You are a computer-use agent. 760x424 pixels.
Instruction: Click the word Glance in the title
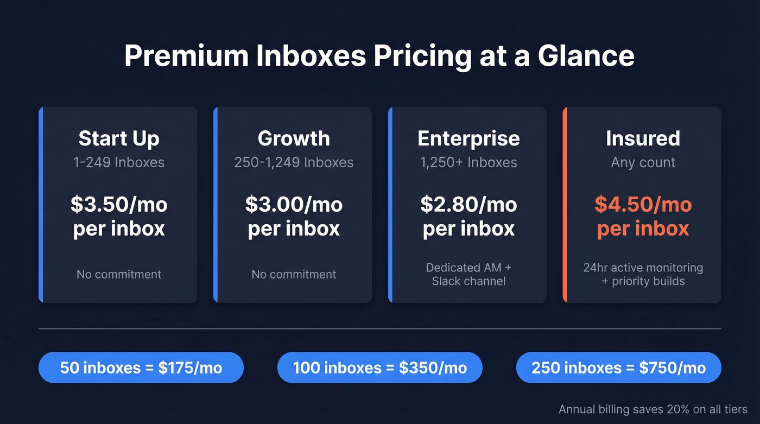click(586, 55)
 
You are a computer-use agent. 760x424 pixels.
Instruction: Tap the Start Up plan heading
click(119, 138)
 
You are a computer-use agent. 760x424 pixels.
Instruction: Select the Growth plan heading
click(294, 138)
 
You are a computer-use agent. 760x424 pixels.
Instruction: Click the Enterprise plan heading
click(468, 138)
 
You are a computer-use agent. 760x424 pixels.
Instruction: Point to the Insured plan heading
click(643, 138)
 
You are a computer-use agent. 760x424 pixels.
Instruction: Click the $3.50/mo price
click(119, 205)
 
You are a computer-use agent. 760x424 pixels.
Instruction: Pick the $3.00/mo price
click(294, 205)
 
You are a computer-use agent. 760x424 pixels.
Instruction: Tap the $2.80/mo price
click(468, 205)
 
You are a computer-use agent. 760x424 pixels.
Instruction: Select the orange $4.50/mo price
click(643, 205)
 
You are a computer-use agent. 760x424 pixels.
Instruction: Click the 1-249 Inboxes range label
click(119, 162)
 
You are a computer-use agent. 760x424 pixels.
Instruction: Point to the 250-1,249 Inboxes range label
click(294, 162)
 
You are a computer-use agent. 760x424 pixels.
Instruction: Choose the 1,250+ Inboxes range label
click(468, 162)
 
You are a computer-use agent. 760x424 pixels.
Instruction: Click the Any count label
click(643, 162)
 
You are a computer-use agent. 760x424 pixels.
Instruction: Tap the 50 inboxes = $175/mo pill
click(141, 368)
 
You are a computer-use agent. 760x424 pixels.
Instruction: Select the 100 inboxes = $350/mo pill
click(379, 368)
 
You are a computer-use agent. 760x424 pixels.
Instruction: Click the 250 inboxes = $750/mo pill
click(618, 368)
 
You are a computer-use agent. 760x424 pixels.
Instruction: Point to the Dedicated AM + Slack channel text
click(468, 274)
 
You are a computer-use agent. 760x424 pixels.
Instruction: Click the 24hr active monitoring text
click(643, 268)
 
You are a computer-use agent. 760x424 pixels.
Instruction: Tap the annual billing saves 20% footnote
click(653, 409)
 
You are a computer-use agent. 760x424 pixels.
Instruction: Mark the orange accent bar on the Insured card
click(565, 205)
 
